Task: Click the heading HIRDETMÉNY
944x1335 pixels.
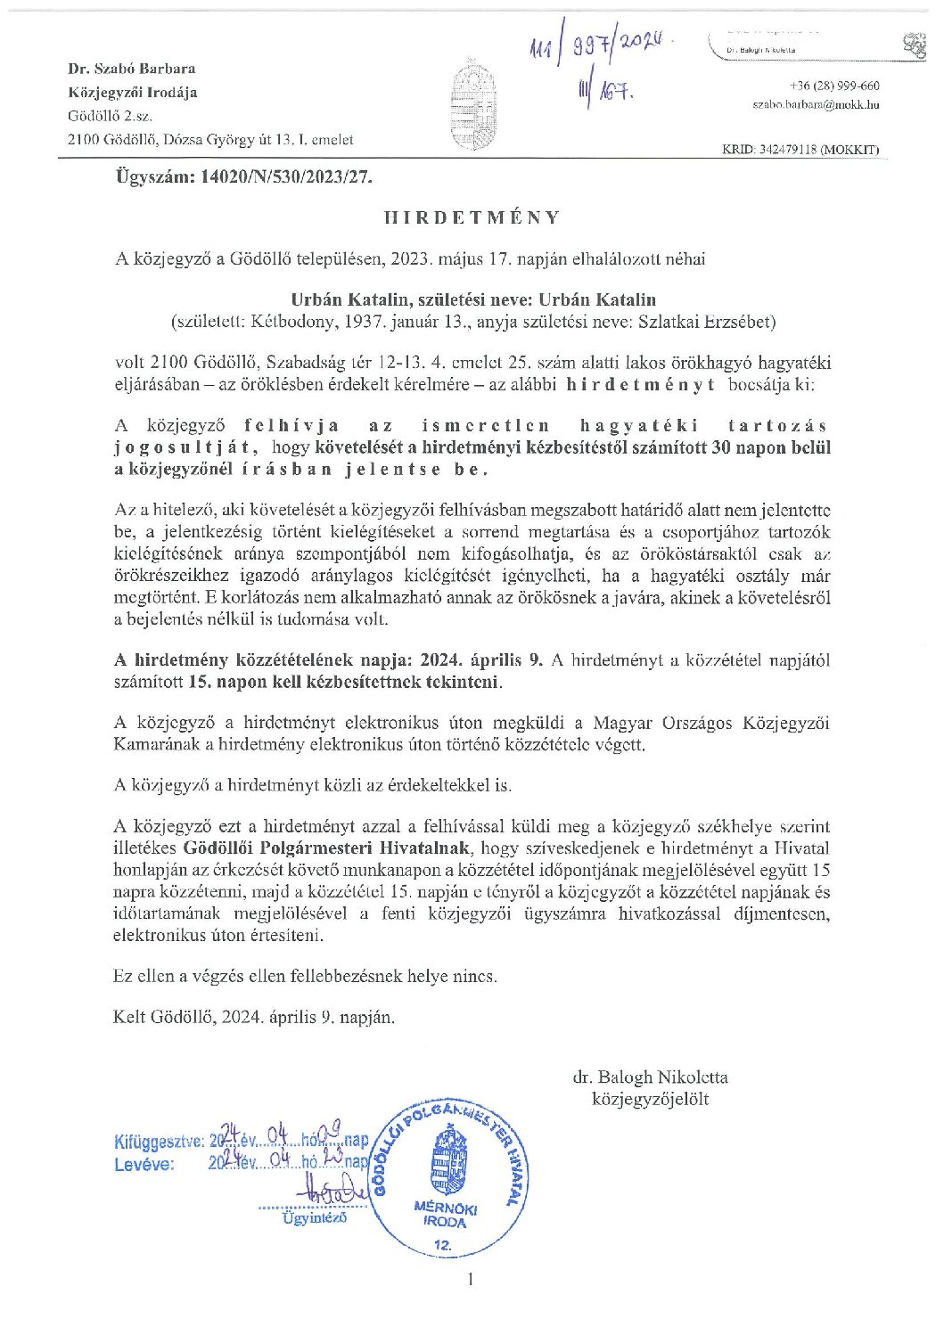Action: click(472, 217)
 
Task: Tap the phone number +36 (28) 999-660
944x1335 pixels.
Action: click(834, 86)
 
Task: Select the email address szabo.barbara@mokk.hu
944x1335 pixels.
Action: click(816, 104)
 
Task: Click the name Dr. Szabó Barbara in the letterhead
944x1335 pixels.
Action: click(132, 69)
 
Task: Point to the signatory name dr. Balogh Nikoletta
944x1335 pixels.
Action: click(650, 1077)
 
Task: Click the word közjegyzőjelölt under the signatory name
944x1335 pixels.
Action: click(650, 1099)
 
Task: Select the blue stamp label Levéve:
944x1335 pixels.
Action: click(144, 1164)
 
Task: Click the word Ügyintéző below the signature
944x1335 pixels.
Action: click(314, 1217)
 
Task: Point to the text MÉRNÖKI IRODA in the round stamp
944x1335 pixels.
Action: click(445, 1215)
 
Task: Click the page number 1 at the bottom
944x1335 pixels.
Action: click(471, 1280)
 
